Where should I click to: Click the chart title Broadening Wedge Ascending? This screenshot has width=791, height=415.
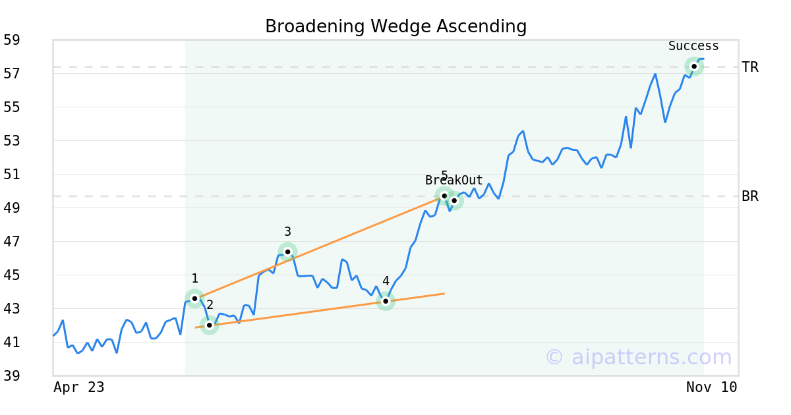tap(395, 26)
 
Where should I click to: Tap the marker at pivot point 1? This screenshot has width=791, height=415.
tap(194, 298)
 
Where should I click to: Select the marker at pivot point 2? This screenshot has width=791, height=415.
tap(210, 325)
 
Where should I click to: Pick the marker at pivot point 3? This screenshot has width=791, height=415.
tap(287, 252)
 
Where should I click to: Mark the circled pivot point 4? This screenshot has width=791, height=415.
tap(386, 301)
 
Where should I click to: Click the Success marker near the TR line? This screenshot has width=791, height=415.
tap(694, 66)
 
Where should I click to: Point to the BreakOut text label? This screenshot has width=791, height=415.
tap(454, 180)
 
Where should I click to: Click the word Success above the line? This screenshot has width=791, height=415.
tap(693, 46)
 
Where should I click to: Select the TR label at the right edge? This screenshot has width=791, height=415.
tap(750, 67)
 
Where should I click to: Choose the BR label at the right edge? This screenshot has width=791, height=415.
tap(750, 196)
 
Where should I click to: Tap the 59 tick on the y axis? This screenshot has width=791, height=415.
tap(11, 40)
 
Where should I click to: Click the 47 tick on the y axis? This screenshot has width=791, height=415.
tap(11, 242)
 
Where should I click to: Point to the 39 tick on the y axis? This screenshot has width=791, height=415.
tap(11, 376)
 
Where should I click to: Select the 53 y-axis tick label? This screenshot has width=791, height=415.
tap(11, 141)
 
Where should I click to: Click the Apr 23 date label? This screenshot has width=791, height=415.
tap(78, 387)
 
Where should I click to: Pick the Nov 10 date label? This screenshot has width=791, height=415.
tap(711, 387)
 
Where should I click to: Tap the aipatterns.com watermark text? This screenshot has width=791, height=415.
tap(638, 358)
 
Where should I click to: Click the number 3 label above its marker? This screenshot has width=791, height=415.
tap(287, 232)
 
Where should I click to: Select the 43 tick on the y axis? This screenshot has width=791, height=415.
tap(11, 309)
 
